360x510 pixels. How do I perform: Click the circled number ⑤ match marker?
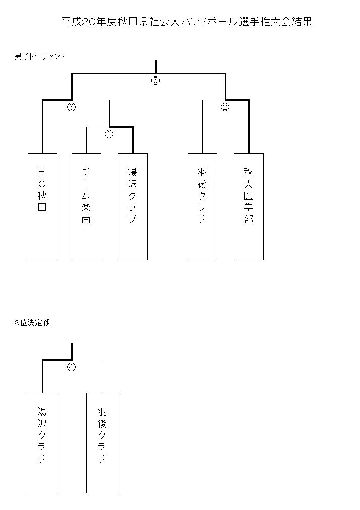[x=155, y=80]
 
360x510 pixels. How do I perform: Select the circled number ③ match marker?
[x=71, y=107]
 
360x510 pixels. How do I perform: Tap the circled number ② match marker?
[x=225, y=107]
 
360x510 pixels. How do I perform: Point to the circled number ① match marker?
[x=109, y=134]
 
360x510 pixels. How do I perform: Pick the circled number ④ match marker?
[x=71, y=367]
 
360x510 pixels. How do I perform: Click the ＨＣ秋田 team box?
[x=42, y=207]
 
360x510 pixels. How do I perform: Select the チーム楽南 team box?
[x=86, y=207]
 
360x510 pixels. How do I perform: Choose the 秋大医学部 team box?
[x=249, y=207]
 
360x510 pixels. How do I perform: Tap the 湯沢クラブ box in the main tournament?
[x=133, y=207]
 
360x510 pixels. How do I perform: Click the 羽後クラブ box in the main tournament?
[x=202, y=207]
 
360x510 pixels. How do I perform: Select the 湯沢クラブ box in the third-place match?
[x=42, y=443]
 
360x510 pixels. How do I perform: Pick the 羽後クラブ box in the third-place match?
[x=102, y=443]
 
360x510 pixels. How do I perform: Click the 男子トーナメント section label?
[x=40, y=56]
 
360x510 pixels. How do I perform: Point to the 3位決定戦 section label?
[x=32, y=323]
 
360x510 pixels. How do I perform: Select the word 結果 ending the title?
[x=302, y=22]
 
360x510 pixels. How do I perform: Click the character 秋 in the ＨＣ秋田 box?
[x=42, y=196]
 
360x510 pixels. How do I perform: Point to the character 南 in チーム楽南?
[x=86, y=219]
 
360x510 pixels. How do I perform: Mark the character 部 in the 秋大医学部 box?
[x=249, y=219]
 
